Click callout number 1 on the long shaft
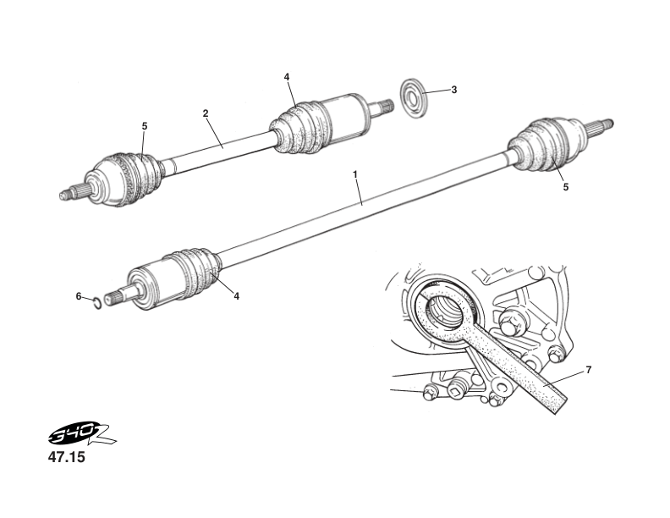[x=355, y=174]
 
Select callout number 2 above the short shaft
[x=205, y=113]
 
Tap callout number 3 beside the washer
[x=453, y=90]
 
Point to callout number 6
[x=79, y=296]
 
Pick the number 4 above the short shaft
[x=287, y=77]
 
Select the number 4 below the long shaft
[x=237, y=296]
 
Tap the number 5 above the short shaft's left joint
[x=145, y=126]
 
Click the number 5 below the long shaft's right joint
[x=565, y=188]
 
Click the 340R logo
[x=81, y=436]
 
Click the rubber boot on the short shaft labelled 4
[x=296, y=129]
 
